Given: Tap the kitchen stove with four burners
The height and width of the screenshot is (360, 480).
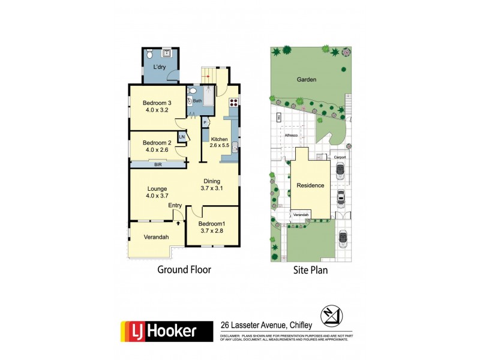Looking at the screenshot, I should coord(233,101).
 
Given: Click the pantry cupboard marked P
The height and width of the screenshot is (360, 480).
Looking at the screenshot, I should coord(205,122).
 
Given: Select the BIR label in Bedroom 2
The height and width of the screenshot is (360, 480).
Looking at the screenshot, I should coord(158,164).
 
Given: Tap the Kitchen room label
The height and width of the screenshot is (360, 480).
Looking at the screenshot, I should coord(219,139).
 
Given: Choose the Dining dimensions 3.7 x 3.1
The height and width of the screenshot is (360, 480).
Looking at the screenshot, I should coord(211,188).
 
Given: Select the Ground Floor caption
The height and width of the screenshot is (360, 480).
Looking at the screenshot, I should coord(184,270).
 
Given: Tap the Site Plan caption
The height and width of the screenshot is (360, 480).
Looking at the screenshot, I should coord(310,270).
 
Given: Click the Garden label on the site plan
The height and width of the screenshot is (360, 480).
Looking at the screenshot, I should coord(306,79).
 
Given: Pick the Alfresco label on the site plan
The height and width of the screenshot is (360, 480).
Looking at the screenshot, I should coord(292,136).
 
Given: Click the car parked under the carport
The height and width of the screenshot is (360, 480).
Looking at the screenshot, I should coord(340,172).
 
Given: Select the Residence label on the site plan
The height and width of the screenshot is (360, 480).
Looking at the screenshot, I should coord(310,185).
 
